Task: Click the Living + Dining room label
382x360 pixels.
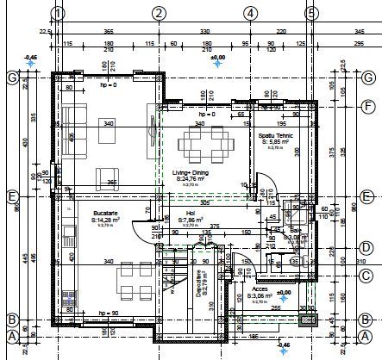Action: (191, 172)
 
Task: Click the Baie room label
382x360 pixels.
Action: (294, 231)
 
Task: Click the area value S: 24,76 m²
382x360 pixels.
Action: (191, 178)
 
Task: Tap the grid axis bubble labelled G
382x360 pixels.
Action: (12, 78)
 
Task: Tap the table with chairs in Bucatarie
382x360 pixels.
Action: (131, 277)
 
